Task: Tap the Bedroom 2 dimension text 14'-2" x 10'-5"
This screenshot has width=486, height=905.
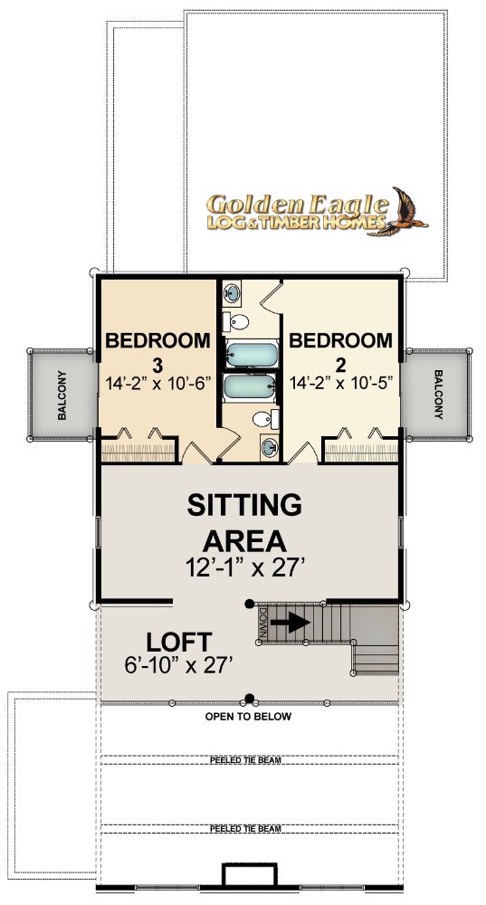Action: coord(345,382)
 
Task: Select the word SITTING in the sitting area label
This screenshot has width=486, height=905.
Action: coord(244,506)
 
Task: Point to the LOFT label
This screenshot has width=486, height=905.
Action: coord(179,642)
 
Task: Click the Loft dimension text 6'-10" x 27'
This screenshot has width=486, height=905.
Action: coord(178,665)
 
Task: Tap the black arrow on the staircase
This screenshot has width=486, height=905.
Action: coord(291,622)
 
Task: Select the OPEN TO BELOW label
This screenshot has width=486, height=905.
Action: coord(248,717)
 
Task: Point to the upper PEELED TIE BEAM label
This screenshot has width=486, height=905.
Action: coord(245,760)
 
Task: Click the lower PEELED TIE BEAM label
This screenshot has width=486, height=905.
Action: coord(245,829)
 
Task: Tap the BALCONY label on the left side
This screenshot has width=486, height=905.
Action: coord(62,395)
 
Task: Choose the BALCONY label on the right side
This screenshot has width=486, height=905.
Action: coord(438,395)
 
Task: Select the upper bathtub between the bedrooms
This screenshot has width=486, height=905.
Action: coord(251,354)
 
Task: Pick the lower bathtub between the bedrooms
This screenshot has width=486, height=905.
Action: coord(251,386)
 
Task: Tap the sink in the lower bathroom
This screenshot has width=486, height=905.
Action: coord(270,447)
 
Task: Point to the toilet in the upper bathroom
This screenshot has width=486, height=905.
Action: coord(236,321)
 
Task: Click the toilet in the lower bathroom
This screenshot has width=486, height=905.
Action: coord(265,418)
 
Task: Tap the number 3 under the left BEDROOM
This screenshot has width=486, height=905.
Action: coord(157,365)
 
